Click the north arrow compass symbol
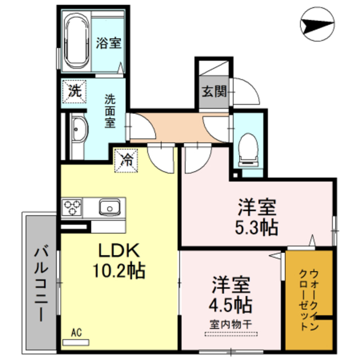coord(317,25)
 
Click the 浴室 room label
coord(109,42)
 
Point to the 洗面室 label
coord(110,110)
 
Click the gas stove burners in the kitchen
coord(73,208)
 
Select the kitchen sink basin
coord(107,208)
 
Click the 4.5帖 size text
coord(231,304)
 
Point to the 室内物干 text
coord(231,325)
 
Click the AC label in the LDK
coord(76,333)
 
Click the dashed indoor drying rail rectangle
coord(231,335)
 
